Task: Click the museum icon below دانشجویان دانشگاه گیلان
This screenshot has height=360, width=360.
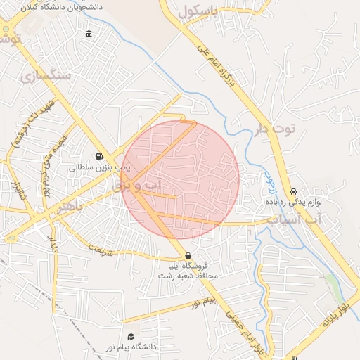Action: pyautogui.click(x=89, y=34)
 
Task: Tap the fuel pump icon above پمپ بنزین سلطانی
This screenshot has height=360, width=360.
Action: pyautogui.click(x=99, y=157)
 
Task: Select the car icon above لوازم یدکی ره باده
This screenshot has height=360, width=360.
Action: pyautogui.click(x=293, y=191)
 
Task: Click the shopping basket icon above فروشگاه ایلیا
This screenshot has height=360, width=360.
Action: pyautogui.click(x=187, y=255)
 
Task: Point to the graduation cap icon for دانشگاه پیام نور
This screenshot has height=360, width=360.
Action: pyautogui.click(x=130, y=337)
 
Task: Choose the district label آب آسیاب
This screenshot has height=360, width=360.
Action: pyautogui.click(x=293, y=220)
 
